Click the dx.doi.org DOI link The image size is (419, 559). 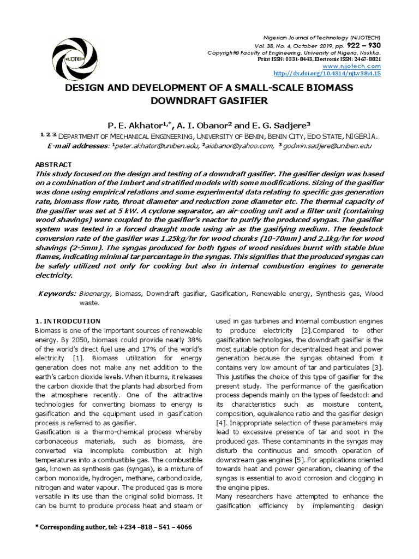click(326, 73)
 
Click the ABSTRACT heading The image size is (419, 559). click(53, 164)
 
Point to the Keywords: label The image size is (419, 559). click(57, 294)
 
